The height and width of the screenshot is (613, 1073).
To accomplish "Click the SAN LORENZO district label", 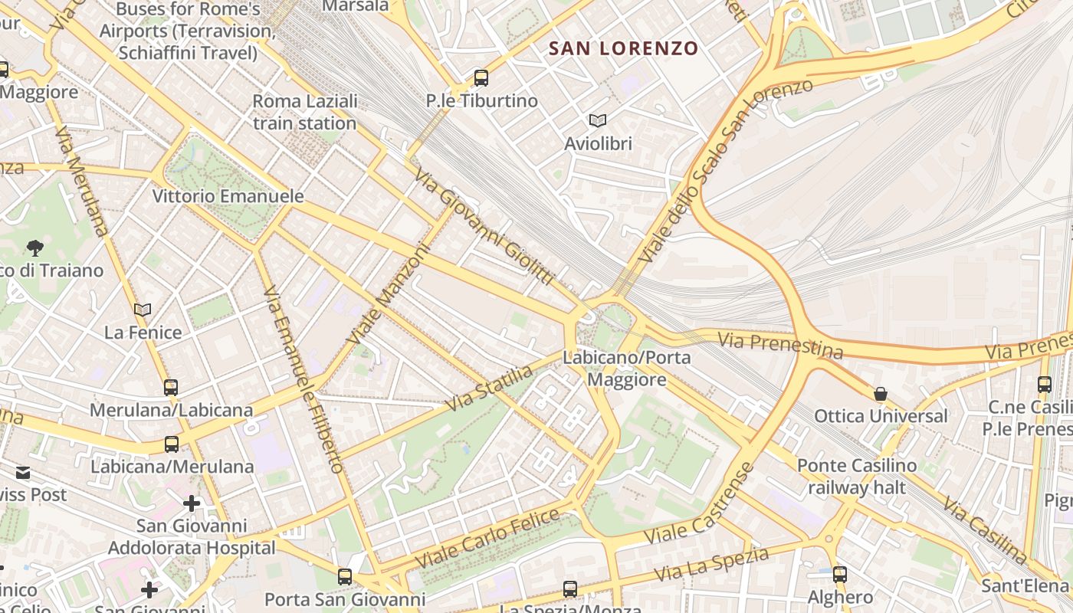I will pos(623,48).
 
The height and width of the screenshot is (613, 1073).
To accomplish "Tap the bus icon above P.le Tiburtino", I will pos(481,77).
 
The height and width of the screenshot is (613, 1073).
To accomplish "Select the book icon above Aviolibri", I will pos(598,120).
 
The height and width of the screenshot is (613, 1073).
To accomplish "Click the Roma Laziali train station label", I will pos(304,112).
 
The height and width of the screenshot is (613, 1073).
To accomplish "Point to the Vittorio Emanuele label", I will pos(228,196).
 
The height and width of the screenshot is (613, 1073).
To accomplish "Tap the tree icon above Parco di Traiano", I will pos(34,247).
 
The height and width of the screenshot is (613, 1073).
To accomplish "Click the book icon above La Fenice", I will pos(143,310).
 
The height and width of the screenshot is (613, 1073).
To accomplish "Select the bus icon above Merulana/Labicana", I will pos(170,387).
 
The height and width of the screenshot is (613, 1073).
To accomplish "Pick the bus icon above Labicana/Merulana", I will pos(171,444).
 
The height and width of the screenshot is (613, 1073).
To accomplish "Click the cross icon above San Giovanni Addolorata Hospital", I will pos(192,503).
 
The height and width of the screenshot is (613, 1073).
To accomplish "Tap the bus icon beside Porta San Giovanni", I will pos(345,576).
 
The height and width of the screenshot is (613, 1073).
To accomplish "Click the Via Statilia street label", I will pos(490,388).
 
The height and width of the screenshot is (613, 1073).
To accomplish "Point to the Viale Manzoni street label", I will pos(386,294).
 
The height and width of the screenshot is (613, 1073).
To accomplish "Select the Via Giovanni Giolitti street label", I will pos(484,228).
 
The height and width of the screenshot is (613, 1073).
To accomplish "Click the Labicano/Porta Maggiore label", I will pos(626,368).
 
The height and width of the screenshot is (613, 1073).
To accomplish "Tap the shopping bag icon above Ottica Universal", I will pos(881,394).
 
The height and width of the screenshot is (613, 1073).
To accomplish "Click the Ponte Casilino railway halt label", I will pos(856,477).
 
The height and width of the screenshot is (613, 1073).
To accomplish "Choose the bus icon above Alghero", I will pos(840,574).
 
